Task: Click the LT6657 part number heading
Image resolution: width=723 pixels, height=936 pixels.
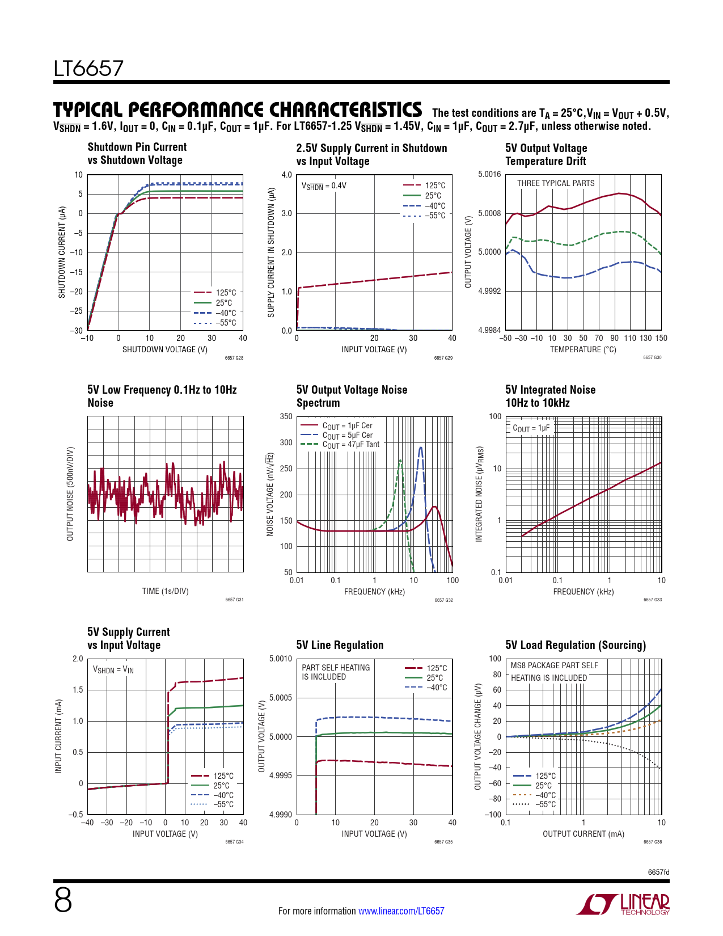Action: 88,69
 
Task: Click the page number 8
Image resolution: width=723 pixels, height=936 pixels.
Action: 63,900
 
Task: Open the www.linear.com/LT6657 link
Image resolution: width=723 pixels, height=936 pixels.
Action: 401,911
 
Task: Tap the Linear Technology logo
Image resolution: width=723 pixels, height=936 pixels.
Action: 623,904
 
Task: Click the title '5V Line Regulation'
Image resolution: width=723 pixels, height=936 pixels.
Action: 340,645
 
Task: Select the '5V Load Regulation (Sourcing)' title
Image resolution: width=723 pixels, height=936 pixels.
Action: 575,645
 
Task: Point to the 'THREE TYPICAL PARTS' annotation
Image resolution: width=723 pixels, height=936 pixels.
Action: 555,183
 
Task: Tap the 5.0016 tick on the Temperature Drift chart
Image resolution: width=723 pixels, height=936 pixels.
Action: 489,174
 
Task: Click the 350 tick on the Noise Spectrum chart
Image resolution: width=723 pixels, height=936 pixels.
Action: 286,416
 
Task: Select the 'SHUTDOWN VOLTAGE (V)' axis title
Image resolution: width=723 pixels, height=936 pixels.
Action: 165,349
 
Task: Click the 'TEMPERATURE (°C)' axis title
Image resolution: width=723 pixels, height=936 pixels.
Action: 583,349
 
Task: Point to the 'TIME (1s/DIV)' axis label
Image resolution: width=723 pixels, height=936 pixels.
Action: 165,591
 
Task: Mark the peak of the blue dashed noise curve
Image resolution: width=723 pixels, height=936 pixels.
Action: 420,448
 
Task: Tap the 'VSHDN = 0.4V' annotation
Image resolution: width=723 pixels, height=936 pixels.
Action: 324,185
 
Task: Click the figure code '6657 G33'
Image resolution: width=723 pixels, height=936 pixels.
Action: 652,600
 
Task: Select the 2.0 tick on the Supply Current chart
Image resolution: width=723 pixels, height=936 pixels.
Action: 78,659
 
